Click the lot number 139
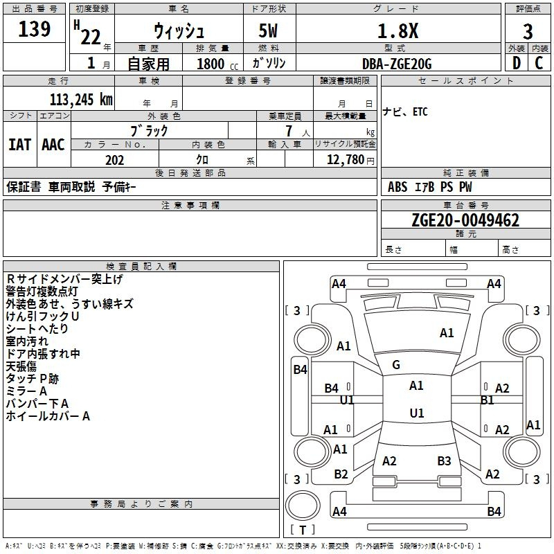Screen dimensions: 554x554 tap(34, 29)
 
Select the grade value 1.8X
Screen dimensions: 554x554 tap(397, 30)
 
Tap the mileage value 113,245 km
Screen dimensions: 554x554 tap(81, 100)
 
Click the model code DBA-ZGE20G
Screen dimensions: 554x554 tap(397, 64)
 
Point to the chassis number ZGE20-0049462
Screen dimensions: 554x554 tap(465, 220)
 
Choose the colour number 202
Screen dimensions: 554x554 tap(114, 160)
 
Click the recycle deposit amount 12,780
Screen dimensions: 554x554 tap(346, 160)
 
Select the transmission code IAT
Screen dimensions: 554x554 tap(20, 145)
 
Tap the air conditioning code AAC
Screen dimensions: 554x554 tap(53, 145)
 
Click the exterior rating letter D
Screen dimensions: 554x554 tap(516, 63)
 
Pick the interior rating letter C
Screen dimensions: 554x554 tap(539, 63)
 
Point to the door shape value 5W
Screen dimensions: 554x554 tap(268, 30)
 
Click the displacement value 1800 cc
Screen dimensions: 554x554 tap(217, 64)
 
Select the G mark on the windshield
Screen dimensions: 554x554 tap(396, 365)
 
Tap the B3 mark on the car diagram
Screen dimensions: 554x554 tap(444, 461)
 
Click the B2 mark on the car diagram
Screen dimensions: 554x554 tap(341, 474)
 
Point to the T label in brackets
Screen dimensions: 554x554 tap(303, 530)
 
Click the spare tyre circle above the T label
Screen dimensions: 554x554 tap(303, 506)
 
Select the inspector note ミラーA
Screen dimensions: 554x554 tap(26, 391)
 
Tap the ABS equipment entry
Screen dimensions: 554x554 tap(397, 187)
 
